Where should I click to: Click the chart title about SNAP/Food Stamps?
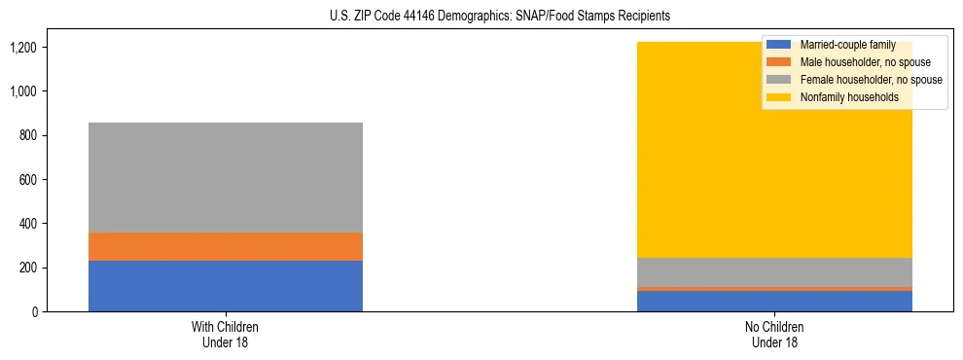coord(481,17)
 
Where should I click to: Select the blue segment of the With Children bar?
coord(225,286)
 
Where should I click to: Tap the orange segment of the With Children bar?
coord(225,246)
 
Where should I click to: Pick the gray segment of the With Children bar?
coord(225,177)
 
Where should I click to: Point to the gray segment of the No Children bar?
coord(774,272)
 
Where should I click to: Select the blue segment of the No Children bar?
coord(774,301)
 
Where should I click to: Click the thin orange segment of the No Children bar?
coord(774,289)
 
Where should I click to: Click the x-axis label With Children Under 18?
coord(225,335)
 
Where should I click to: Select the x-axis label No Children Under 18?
coord(774,335)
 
